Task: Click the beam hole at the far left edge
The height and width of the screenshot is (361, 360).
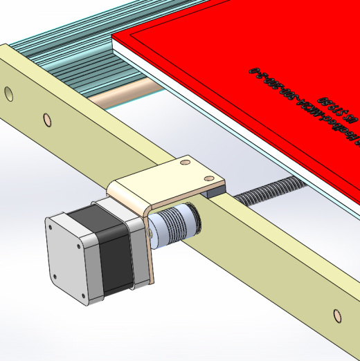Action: coord(8,92)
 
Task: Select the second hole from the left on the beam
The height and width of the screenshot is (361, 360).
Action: coord(46,120)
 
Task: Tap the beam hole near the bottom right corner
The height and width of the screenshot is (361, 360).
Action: coord(338,316)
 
